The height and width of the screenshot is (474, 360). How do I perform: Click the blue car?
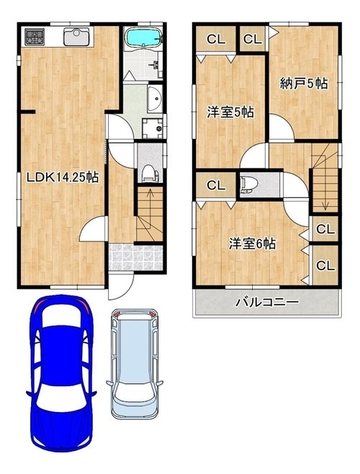tap(61, 373)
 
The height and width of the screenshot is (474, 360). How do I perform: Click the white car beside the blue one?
tap(135, 364)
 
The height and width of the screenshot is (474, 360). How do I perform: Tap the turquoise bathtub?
tap(143, 37)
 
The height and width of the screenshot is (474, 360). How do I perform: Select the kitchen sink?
tap(76, 37)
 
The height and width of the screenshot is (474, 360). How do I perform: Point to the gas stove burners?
tap(35, 37)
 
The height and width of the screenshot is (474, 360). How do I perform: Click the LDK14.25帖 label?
tap(63, 176)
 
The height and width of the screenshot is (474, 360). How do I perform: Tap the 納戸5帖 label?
tap(304, 84)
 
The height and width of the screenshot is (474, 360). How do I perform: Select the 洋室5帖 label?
tap(230, 112)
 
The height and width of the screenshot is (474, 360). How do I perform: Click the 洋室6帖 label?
tap(252, 243)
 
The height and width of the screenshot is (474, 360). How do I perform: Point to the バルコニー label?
tap(268, 302)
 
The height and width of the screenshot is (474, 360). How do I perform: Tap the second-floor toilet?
tap(249, 184)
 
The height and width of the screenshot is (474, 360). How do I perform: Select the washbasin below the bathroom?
tap(155, 98)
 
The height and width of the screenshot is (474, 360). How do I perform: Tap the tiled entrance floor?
tap(135, 257)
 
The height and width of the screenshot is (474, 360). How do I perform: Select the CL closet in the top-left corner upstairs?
tap(216, 40)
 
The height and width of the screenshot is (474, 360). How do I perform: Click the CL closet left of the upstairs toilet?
tap(215, 185)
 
